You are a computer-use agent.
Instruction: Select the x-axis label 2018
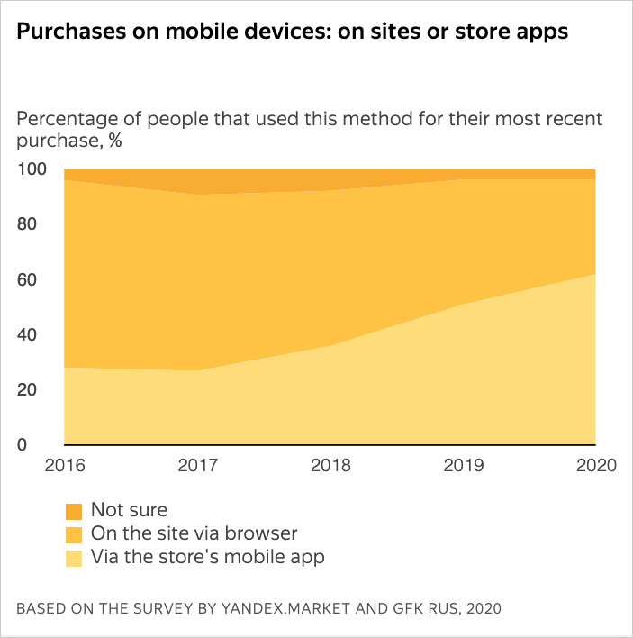[x=330, y=466]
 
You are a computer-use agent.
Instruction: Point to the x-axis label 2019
[x=463, y=466]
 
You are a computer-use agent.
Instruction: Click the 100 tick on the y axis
[x=30, y=169]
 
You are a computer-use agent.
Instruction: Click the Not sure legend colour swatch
[x=74, y=511]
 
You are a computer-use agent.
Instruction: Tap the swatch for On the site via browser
[x=74, y=534]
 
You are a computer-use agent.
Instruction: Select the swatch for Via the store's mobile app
[x=74, y=558]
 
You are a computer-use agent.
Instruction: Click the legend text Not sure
[x=129, y=511]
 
